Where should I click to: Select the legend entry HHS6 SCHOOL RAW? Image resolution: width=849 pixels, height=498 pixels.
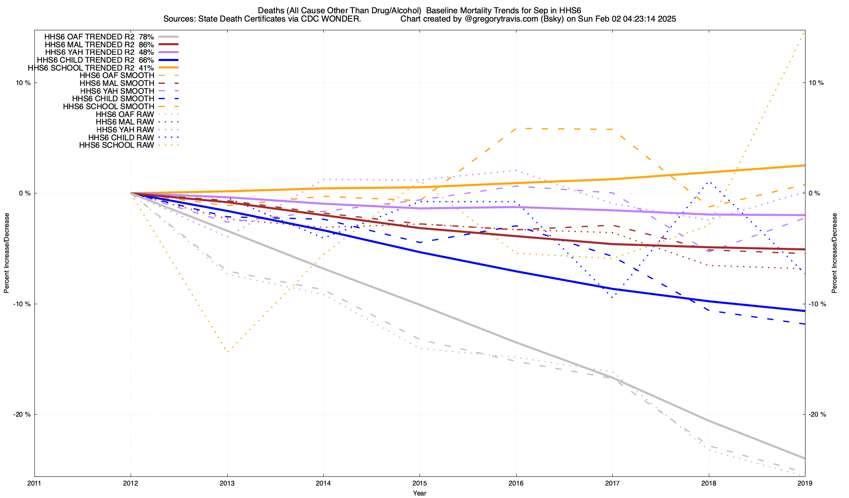pyautogui.click(x=116, y=145)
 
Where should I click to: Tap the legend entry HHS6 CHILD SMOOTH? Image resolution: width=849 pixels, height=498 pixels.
pyautogui.click(x=113, y=99)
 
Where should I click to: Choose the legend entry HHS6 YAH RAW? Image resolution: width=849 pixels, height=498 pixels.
pyautogui.click(x=125, y=130)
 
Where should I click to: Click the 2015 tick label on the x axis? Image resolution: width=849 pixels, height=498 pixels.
pyautogui.click(x=420, y=483)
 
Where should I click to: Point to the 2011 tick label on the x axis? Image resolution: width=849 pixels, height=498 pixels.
pyautogui.click(x=34, y=483)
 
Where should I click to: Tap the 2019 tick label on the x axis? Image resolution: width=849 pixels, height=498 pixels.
pyautogui.click(x=805, y=483)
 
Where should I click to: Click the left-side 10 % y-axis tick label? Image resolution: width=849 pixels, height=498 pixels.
pyautogui.click(x=23, y=83)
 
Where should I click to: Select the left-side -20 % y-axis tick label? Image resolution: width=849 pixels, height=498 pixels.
pyautogui.click(x=22, y=415)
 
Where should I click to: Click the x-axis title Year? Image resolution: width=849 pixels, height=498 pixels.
pyautogui.click(x=420, y=493)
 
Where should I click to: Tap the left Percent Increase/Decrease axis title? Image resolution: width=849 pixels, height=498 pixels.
pyautogui.click(x=7, y=253)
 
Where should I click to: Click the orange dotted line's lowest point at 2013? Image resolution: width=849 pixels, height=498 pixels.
pyautogui.click(x=228, y=352)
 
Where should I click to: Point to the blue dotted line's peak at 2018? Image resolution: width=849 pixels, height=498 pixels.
pyautogui.click(x=710, y=182)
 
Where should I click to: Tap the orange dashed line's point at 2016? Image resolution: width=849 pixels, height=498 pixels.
pyautogui.click(x=516, y=129)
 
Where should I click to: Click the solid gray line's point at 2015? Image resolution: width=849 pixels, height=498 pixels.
pyautogui.click(x=420, y=305)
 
